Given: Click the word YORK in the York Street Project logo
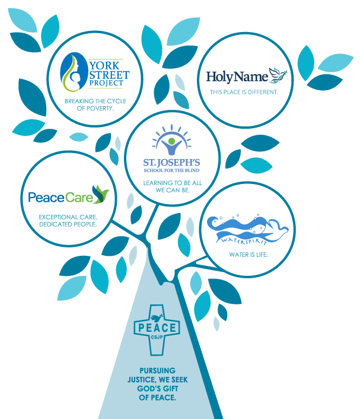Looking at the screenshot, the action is [x=104, y=65].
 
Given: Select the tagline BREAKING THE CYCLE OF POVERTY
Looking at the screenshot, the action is [x=95, y=104].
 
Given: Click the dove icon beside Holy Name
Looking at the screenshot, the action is [x=278, y=75].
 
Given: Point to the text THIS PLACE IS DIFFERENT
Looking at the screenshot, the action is [x=244, y=92].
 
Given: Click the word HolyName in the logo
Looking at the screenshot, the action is [x=237, y=77].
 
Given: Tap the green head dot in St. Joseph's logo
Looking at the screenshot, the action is [x=172, y=141].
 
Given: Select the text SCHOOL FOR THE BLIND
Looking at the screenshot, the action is [x=172, y=170].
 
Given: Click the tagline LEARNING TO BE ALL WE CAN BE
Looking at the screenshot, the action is [x=173, y=186].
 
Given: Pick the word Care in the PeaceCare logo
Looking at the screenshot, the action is [x=79, y=198].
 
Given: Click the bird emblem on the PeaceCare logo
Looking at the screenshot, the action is [x=100, y=194].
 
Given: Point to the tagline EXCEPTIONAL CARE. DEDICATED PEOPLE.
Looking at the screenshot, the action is [x=68, y=221].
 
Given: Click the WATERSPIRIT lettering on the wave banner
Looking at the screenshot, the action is [x=244, y=240].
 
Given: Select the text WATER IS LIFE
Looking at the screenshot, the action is [x=249, y=255].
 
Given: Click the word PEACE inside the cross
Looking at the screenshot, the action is [x=157, y=328].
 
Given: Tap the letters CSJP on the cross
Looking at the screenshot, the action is [x=157, y=337].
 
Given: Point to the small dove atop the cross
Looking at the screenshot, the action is [x=157, y=318].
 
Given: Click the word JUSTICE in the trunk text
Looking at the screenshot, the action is [x=141, y=380].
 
